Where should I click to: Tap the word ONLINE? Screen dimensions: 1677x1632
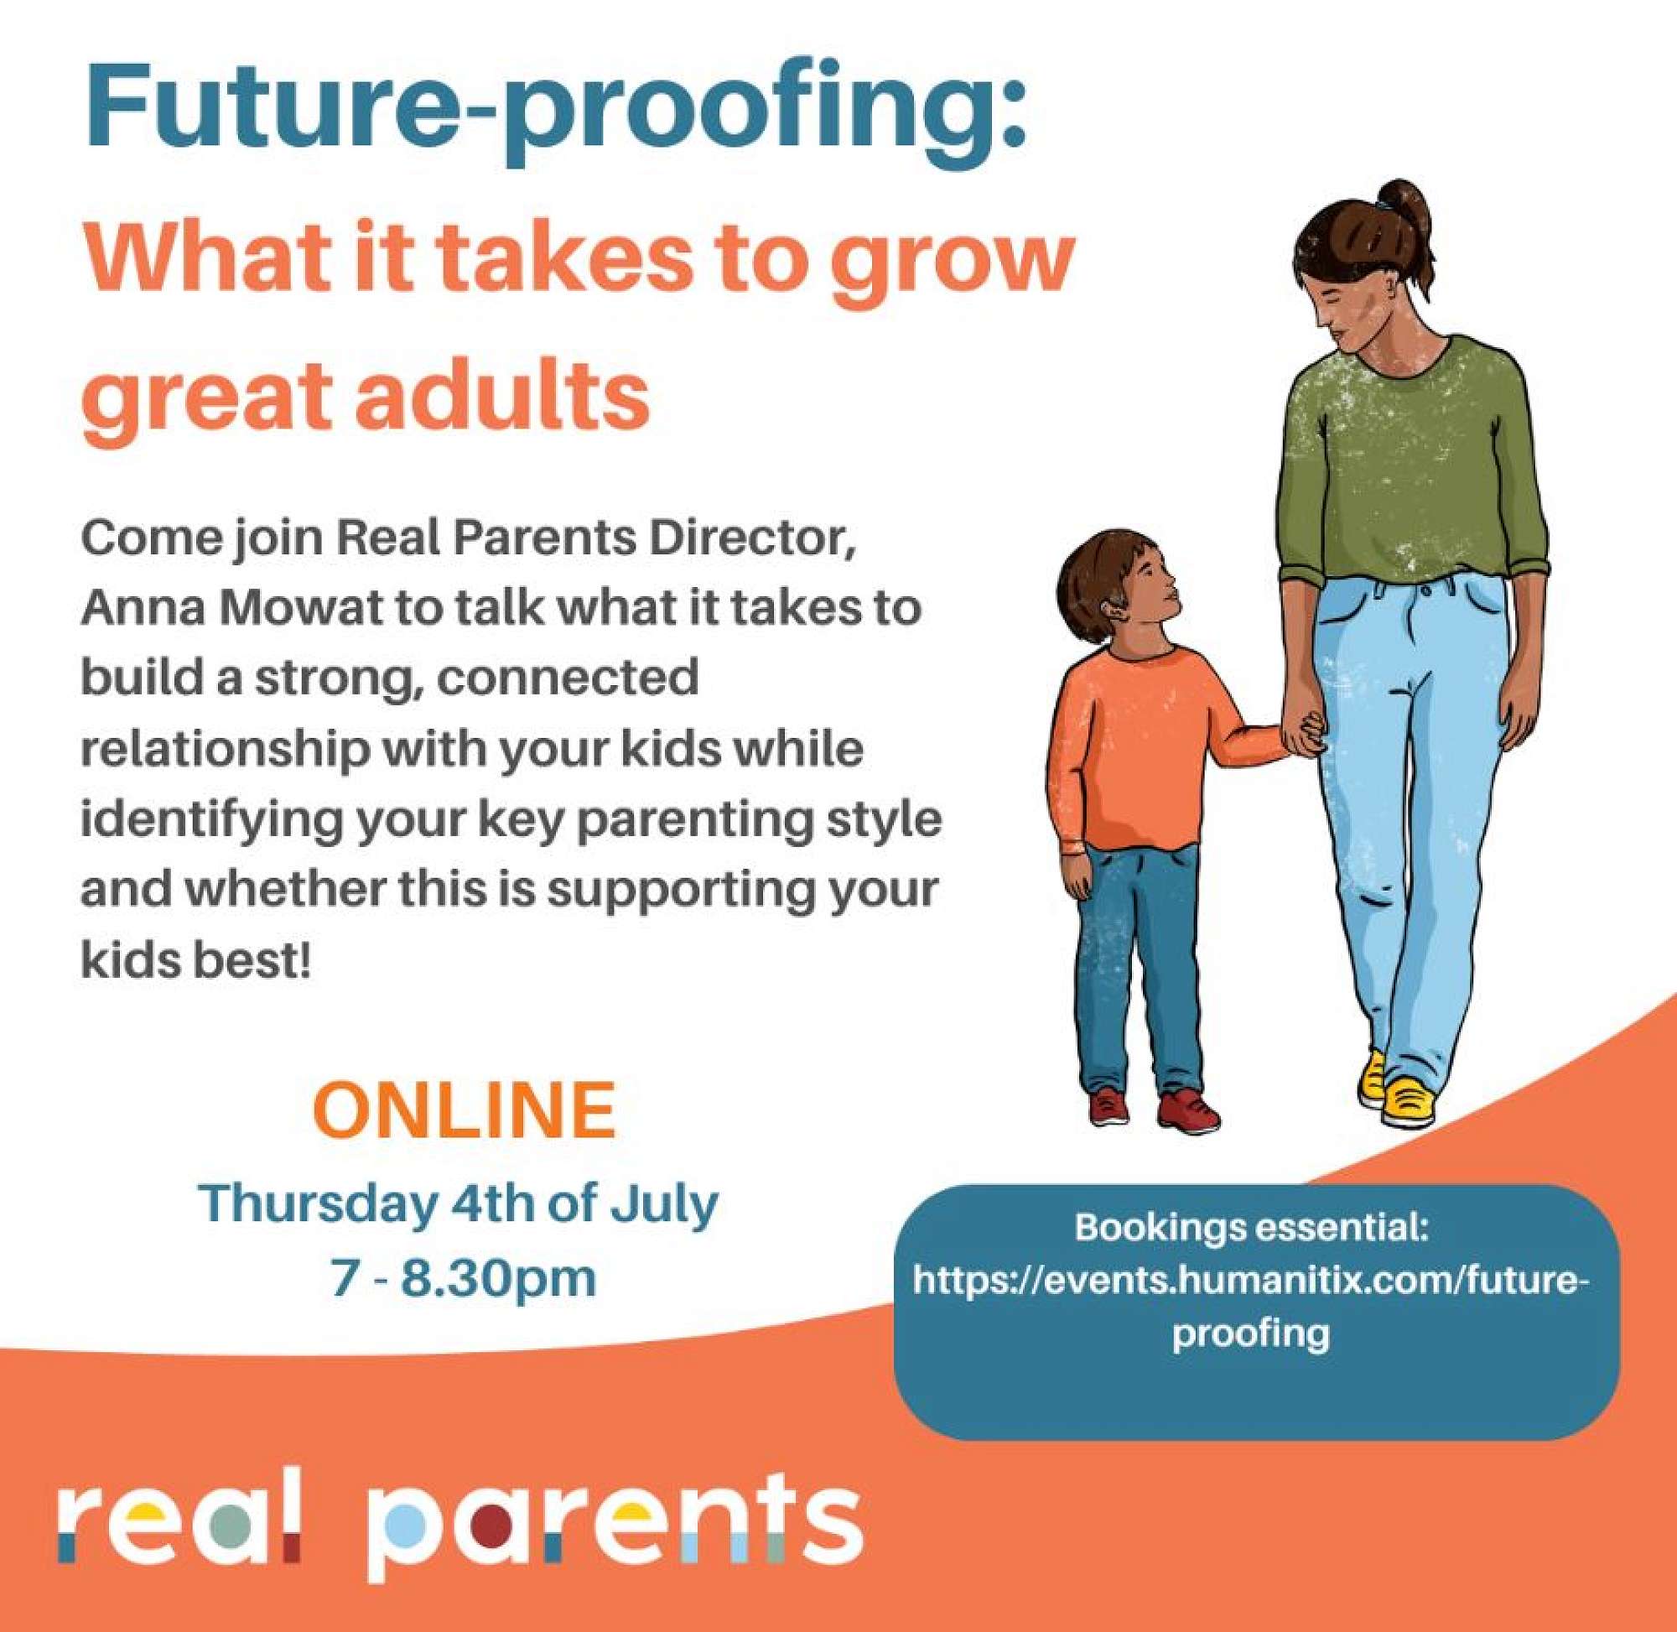click(x=464, y=1110)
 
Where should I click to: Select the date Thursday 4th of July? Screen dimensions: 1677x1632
click(x=459, y=1204)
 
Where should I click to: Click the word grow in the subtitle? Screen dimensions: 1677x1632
click(x=951, y=266)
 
